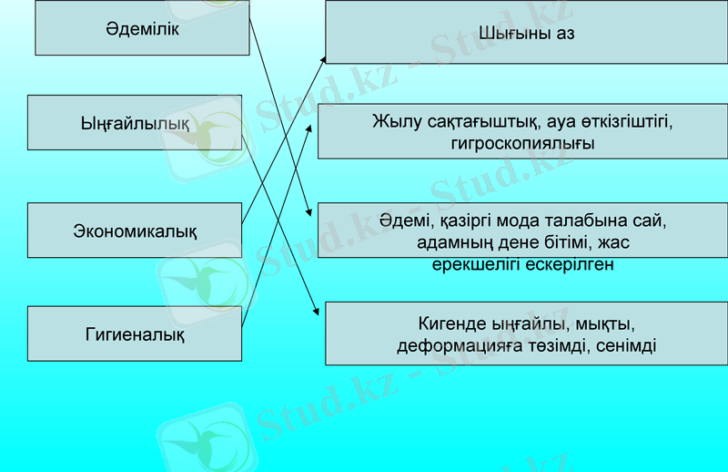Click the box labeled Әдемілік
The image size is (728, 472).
(142, 28)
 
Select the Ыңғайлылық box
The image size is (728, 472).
(135, 122)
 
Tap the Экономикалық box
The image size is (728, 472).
(135, 231)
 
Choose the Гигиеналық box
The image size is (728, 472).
(135, 334)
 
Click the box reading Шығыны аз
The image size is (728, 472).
(527, 34)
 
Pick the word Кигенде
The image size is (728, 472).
(450, 323)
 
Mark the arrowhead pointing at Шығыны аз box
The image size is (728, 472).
(322, 57)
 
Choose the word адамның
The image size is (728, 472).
(450, 243)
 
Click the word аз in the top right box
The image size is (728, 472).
(564, 34)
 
